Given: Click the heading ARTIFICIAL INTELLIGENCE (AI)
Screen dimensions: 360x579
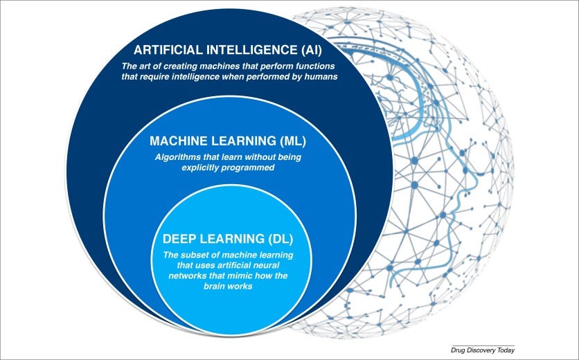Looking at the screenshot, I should click(x=228, y=50).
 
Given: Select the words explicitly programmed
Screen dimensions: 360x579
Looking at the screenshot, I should click(x=228, y=167).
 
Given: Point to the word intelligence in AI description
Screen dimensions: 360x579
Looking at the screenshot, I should click(x=197, y=77).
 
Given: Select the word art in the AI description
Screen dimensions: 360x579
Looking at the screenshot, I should click(x=145, y=66).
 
